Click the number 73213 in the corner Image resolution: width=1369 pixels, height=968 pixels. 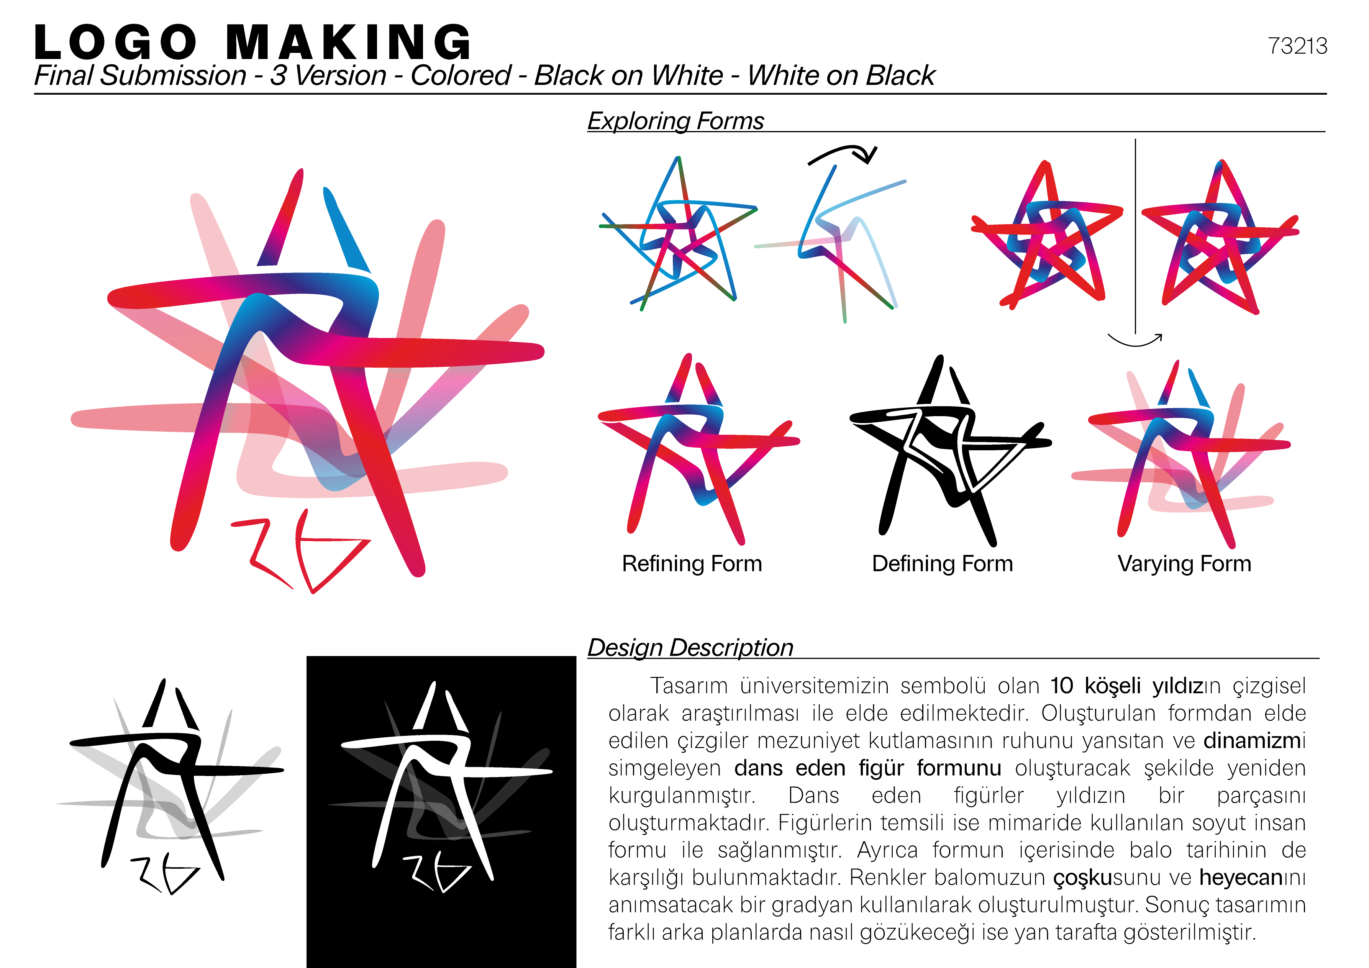pos(1297,46)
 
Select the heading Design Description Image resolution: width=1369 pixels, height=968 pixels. pos(690,648)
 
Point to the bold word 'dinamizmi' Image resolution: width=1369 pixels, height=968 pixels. pos(1254,741)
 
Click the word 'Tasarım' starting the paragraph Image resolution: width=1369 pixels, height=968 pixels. pos(689,686)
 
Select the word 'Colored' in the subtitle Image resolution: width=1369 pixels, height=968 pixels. pos(460,76)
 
